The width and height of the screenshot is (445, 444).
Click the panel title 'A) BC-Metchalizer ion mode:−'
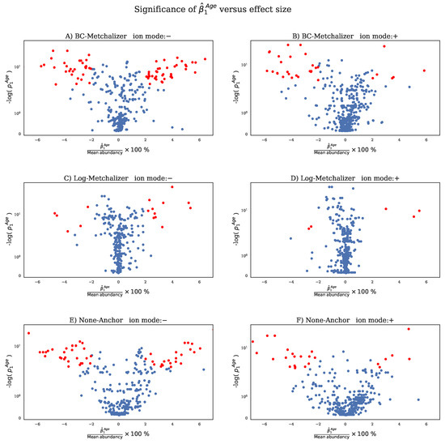click(x=118, y=37)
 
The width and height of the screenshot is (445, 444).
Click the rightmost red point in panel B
click(x=424, y=70)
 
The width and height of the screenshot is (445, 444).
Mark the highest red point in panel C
click(x=172, y=187)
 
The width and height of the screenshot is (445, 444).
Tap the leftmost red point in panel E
click(x=28, y=333)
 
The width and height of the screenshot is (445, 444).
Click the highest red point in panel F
click(x=409, y=329)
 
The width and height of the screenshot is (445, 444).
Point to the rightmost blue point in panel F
click(x=418, y=399)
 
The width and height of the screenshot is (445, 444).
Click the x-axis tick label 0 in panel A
click(x=118, y=139)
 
